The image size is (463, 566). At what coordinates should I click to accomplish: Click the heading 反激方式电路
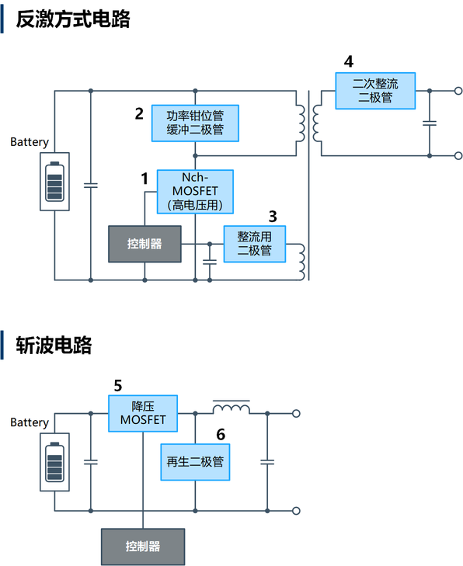[x=72, y=19]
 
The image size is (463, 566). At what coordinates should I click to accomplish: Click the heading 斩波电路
[x=54, y=345]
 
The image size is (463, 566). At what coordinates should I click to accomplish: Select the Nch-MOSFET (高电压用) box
[x=195, y=192]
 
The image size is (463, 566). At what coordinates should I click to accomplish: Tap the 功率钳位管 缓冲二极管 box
[x=195, y=123]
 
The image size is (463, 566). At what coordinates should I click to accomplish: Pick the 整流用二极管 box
[x=255, y=244]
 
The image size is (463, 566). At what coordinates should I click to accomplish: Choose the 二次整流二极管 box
[x=375, y=91]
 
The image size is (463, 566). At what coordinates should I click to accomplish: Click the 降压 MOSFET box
[x=143, y=413]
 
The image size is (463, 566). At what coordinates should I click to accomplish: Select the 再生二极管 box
[x=195, y=462]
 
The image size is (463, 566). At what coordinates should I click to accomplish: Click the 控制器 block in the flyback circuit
[x=144, y=244]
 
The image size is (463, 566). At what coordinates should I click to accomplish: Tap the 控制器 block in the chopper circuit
[x=143, y=547]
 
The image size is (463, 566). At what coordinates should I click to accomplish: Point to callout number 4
[x=349, y=62]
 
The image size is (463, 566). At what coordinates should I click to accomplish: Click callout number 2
[x=139, y=113]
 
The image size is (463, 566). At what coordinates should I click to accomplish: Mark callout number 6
[x=221, y=434]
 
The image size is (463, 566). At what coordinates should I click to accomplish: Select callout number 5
[x=118, y=386]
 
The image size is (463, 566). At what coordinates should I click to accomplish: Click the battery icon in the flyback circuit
[x=54, y=182]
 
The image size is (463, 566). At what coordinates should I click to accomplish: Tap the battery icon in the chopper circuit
[x=54, y=462]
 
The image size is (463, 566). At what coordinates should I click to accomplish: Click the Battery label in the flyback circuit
[x=30, y=142]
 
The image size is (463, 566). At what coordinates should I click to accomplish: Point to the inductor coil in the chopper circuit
[x=231, y=408]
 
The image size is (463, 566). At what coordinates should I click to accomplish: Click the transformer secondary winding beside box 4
[x=317, y=123]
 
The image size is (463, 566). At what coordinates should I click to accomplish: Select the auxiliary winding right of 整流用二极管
[x=301, y=262]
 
